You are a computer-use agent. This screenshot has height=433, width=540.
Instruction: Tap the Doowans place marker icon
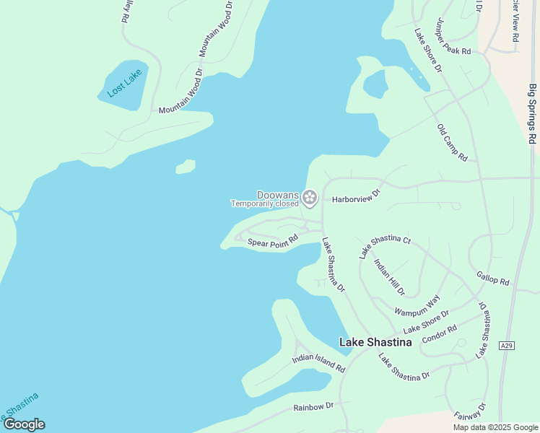[310, 197]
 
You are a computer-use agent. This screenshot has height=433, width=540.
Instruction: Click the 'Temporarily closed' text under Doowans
[264, 204]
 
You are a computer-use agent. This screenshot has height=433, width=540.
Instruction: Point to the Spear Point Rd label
[272, 242]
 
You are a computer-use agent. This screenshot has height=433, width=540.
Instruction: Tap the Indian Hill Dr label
[389, 276]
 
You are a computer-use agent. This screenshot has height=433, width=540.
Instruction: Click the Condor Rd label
[440, 334]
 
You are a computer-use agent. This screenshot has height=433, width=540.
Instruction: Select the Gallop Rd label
[493, 278]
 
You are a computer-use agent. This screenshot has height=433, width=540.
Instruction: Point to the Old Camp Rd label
[453, 142]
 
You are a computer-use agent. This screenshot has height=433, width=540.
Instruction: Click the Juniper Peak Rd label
[453, 38]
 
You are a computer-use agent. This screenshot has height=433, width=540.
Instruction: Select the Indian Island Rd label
[318, 362]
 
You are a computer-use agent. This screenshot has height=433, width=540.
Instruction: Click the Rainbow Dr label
[313, 407]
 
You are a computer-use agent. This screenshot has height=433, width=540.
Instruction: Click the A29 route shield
[507, 346]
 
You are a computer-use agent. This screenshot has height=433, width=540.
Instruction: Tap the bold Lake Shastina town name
[375, 342]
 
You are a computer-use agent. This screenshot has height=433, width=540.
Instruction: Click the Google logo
[23, 424]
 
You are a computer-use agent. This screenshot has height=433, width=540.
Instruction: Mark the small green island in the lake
[186, 167]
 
